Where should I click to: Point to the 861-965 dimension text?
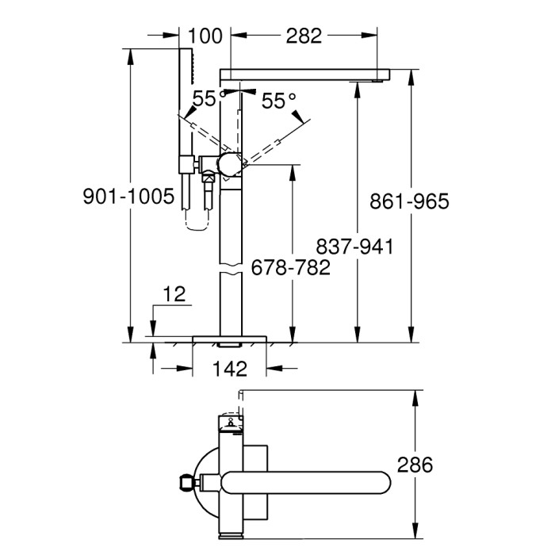409,201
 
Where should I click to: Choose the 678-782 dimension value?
290,268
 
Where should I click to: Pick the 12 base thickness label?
175,295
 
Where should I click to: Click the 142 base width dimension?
230,369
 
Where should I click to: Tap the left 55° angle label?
204,99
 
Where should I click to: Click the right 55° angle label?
277,101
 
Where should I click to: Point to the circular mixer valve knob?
231,164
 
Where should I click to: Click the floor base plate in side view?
230,339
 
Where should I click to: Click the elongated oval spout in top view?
305,481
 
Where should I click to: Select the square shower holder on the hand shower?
186,164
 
